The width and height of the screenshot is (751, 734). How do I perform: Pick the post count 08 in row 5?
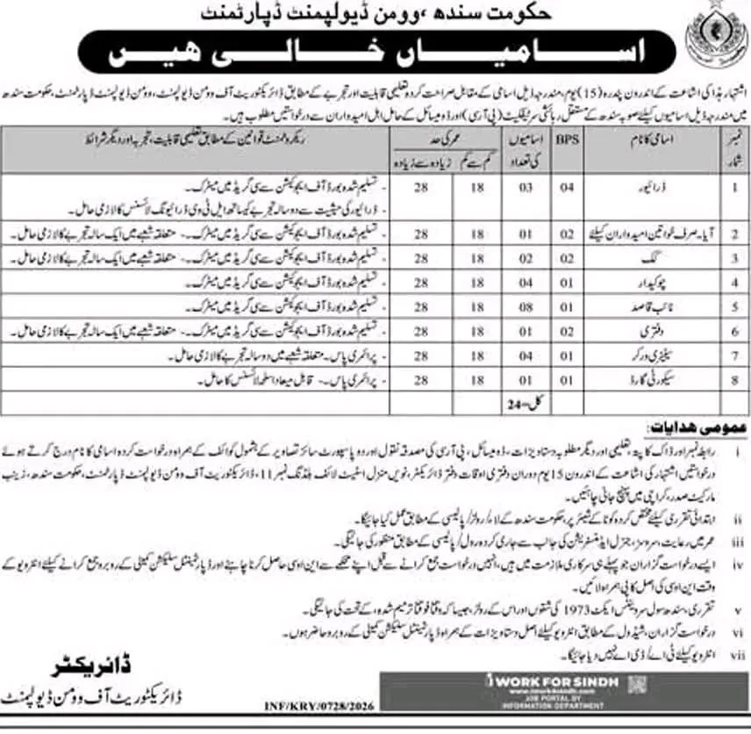(x=499, y=308)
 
